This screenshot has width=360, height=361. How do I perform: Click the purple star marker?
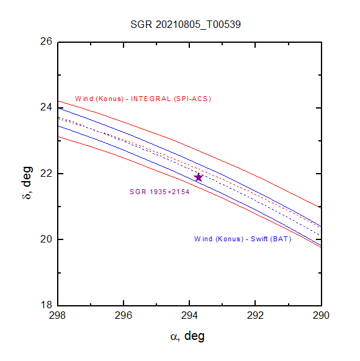pos(199,177)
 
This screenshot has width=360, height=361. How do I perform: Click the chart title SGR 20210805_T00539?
pos(186,24)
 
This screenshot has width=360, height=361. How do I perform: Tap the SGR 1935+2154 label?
pos(160,192)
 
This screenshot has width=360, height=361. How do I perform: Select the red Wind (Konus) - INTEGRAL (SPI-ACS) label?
pos(143,99)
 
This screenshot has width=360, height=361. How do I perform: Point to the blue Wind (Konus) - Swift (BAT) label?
pos(243,239)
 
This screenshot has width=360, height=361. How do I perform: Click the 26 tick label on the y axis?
pos(47,42)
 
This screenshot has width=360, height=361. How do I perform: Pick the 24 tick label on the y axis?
pos(47,107)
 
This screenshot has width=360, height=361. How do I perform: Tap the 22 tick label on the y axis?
pos(47,173)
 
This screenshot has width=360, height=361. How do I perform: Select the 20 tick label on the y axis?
pos(47,239)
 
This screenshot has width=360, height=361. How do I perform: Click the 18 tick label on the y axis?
pos(47,305)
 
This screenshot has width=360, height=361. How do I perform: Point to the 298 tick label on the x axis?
pos(58,315)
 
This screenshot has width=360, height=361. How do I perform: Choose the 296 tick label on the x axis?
pos(124,315)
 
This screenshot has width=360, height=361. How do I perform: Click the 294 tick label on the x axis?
pos(189,315)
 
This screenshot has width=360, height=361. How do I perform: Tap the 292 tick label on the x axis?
pos(255,315)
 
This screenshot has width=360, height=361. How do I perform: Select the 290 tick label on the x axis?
pos(321,315)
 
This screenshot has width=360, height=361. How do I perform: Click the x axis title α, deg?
pos(187,336)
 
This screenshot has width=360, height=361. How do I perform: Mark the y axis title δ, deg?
pos(27,182)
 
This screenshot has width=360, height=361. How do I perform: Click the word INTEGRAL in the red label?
pos(151,99)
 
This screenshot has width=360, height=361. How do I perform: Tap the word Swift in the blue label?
pos(259,239)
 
